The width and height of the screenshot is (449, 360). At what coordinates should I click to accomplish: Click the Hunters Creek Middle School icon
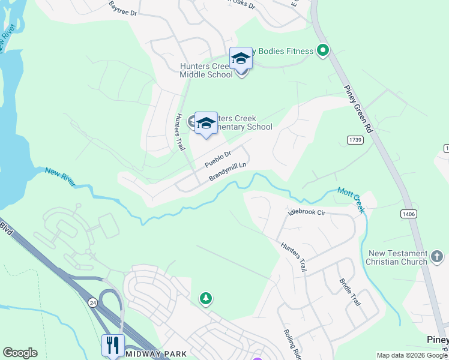pyautogui.click(x=241, y=59)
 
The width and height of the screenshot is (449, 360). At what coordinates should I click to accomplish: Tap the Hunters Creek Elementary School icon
pyautogui.click(x=206, y=123)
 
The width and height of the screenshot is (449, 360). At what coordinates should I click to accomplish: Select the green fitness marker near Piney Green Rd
pyautogui.click(x=323, y=50)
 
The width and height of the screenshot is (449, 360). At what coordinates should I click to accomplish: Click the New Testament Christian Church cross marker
pyautogui.click(x=437, y=257)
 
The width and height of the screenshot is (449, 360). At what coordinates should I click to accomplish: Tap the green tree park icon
pyautogui.click(x=206, y=298)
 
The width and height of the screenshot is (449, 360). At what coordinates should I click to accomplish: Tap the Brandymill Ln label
pyautogui.click(x=228, y=172)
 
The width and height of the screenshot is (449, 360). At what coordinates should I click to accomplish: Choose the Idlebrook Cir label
pyautogui.click(x=306, y=212)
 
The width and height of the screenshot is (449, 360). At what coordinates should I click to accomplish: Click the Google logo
pyautogui.click(x=20, y=353)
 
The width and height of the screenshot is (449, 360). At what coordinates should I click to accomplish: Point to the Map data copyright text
pyautogui.click(x=411, y=355)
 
